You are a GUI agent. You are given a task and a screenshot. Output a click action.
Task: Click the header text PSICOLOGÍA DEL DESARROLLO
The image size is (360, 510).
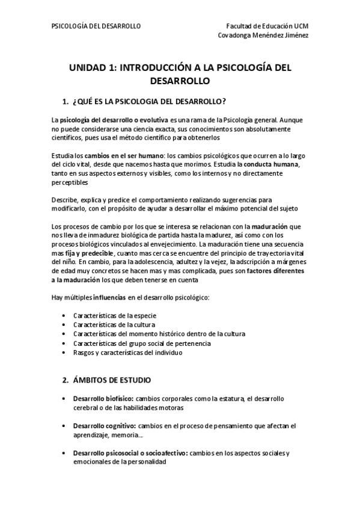(x=96, y=26)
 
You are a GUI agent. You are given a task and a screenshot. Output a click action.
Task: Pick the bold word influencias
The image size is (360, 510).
(x=109, y=298)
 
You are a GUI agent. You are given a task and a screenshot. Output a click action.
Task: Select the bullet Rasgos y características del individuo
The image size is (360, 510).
(x=127, y=353)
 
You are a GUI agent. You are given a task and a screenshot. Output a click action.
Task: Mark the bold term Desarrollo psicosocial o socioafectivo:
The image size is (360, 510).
(x=130, y=453)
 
